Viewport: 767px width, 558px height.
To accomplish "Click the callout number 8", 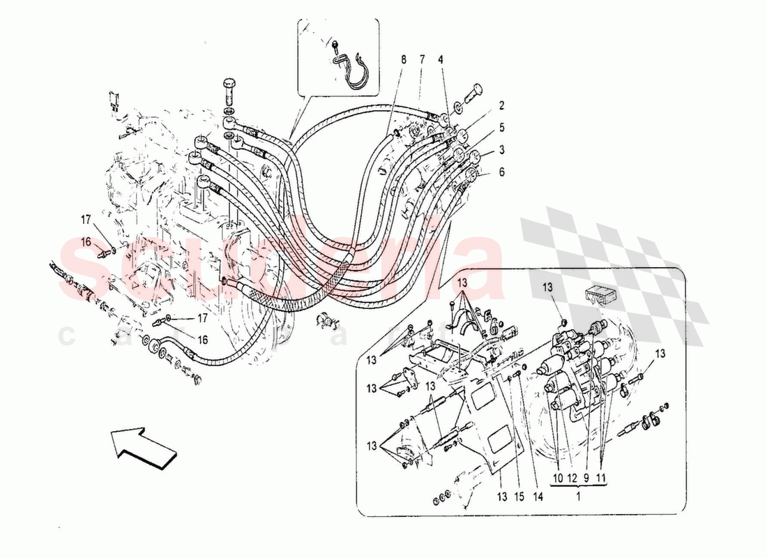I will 403,59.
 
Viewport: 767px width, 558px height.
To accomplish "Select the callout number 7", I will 422,59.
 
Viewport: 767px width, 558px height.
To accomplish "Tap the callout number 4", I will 441,59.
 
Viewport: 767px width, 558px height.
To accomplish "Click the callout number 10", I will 558,478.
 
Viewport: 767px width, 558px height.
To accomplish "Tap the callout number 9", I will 587,478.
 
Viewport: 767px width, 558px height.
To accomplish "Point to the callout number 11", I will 601,478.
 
